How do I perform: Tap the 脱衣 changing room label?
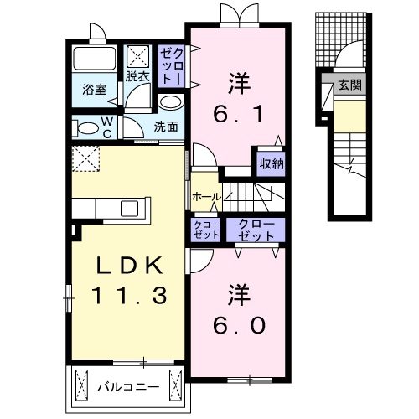137,75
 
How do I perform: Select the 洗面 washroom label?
166,127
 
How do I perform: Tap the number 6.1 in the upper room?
237,96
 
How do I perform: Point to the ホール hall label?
205,197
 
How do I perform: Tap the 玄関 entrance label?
350,85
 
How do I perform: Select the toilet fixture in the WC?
86,128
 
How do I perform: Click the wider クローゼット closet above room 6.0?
256,230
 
